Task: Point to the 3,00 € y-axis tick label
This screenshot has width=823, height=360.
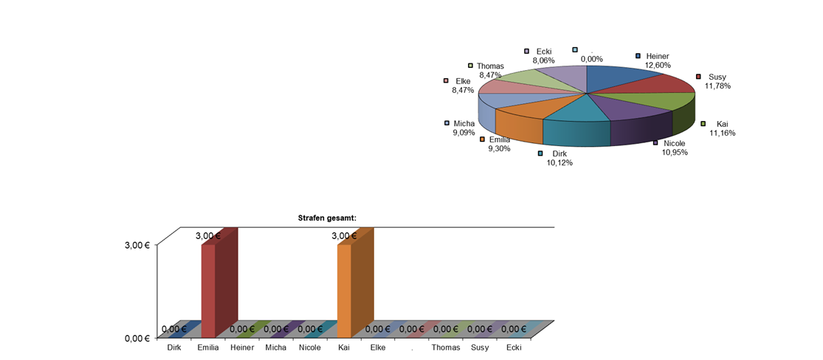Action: [x=137, y=246]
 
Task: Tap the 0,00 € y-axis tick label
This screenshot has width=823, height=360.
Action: [x=137, y=338]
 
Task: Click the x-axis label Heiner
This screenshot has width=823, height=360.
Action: [x=242, y=347]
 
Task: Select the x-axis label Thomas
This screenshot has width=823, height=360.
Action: [x=446, y=347]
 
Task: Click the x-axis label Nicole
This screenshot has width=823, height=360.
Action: [x=310, y=347]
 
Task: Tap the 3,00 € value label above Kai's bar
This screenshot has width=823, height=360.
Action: [x=344, y=236]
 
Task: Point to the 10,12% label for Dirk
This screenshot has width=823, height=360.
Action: [x=559, y=162]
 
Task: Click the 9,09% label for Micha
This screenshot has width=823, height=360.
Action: [x=464, y=133]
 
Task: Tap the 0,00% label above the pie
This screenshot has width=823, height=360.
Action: [x=591, y=59]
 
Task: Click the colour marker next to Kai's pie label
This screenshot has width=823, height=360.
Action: [x=703, y=123]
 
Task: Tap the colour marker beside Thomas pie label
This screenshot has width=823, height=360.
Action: [x=470, y=66]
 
